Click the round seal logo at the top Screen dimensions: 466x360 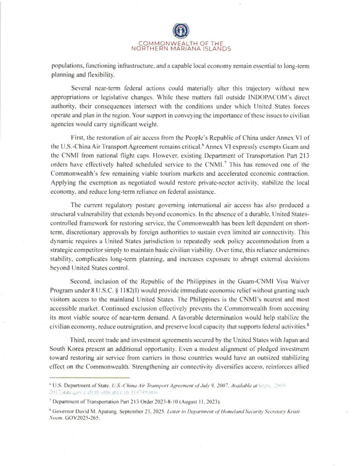coord(180,31)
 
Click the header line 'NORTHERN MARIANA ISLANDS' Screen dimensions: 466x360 coord(180,48)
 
